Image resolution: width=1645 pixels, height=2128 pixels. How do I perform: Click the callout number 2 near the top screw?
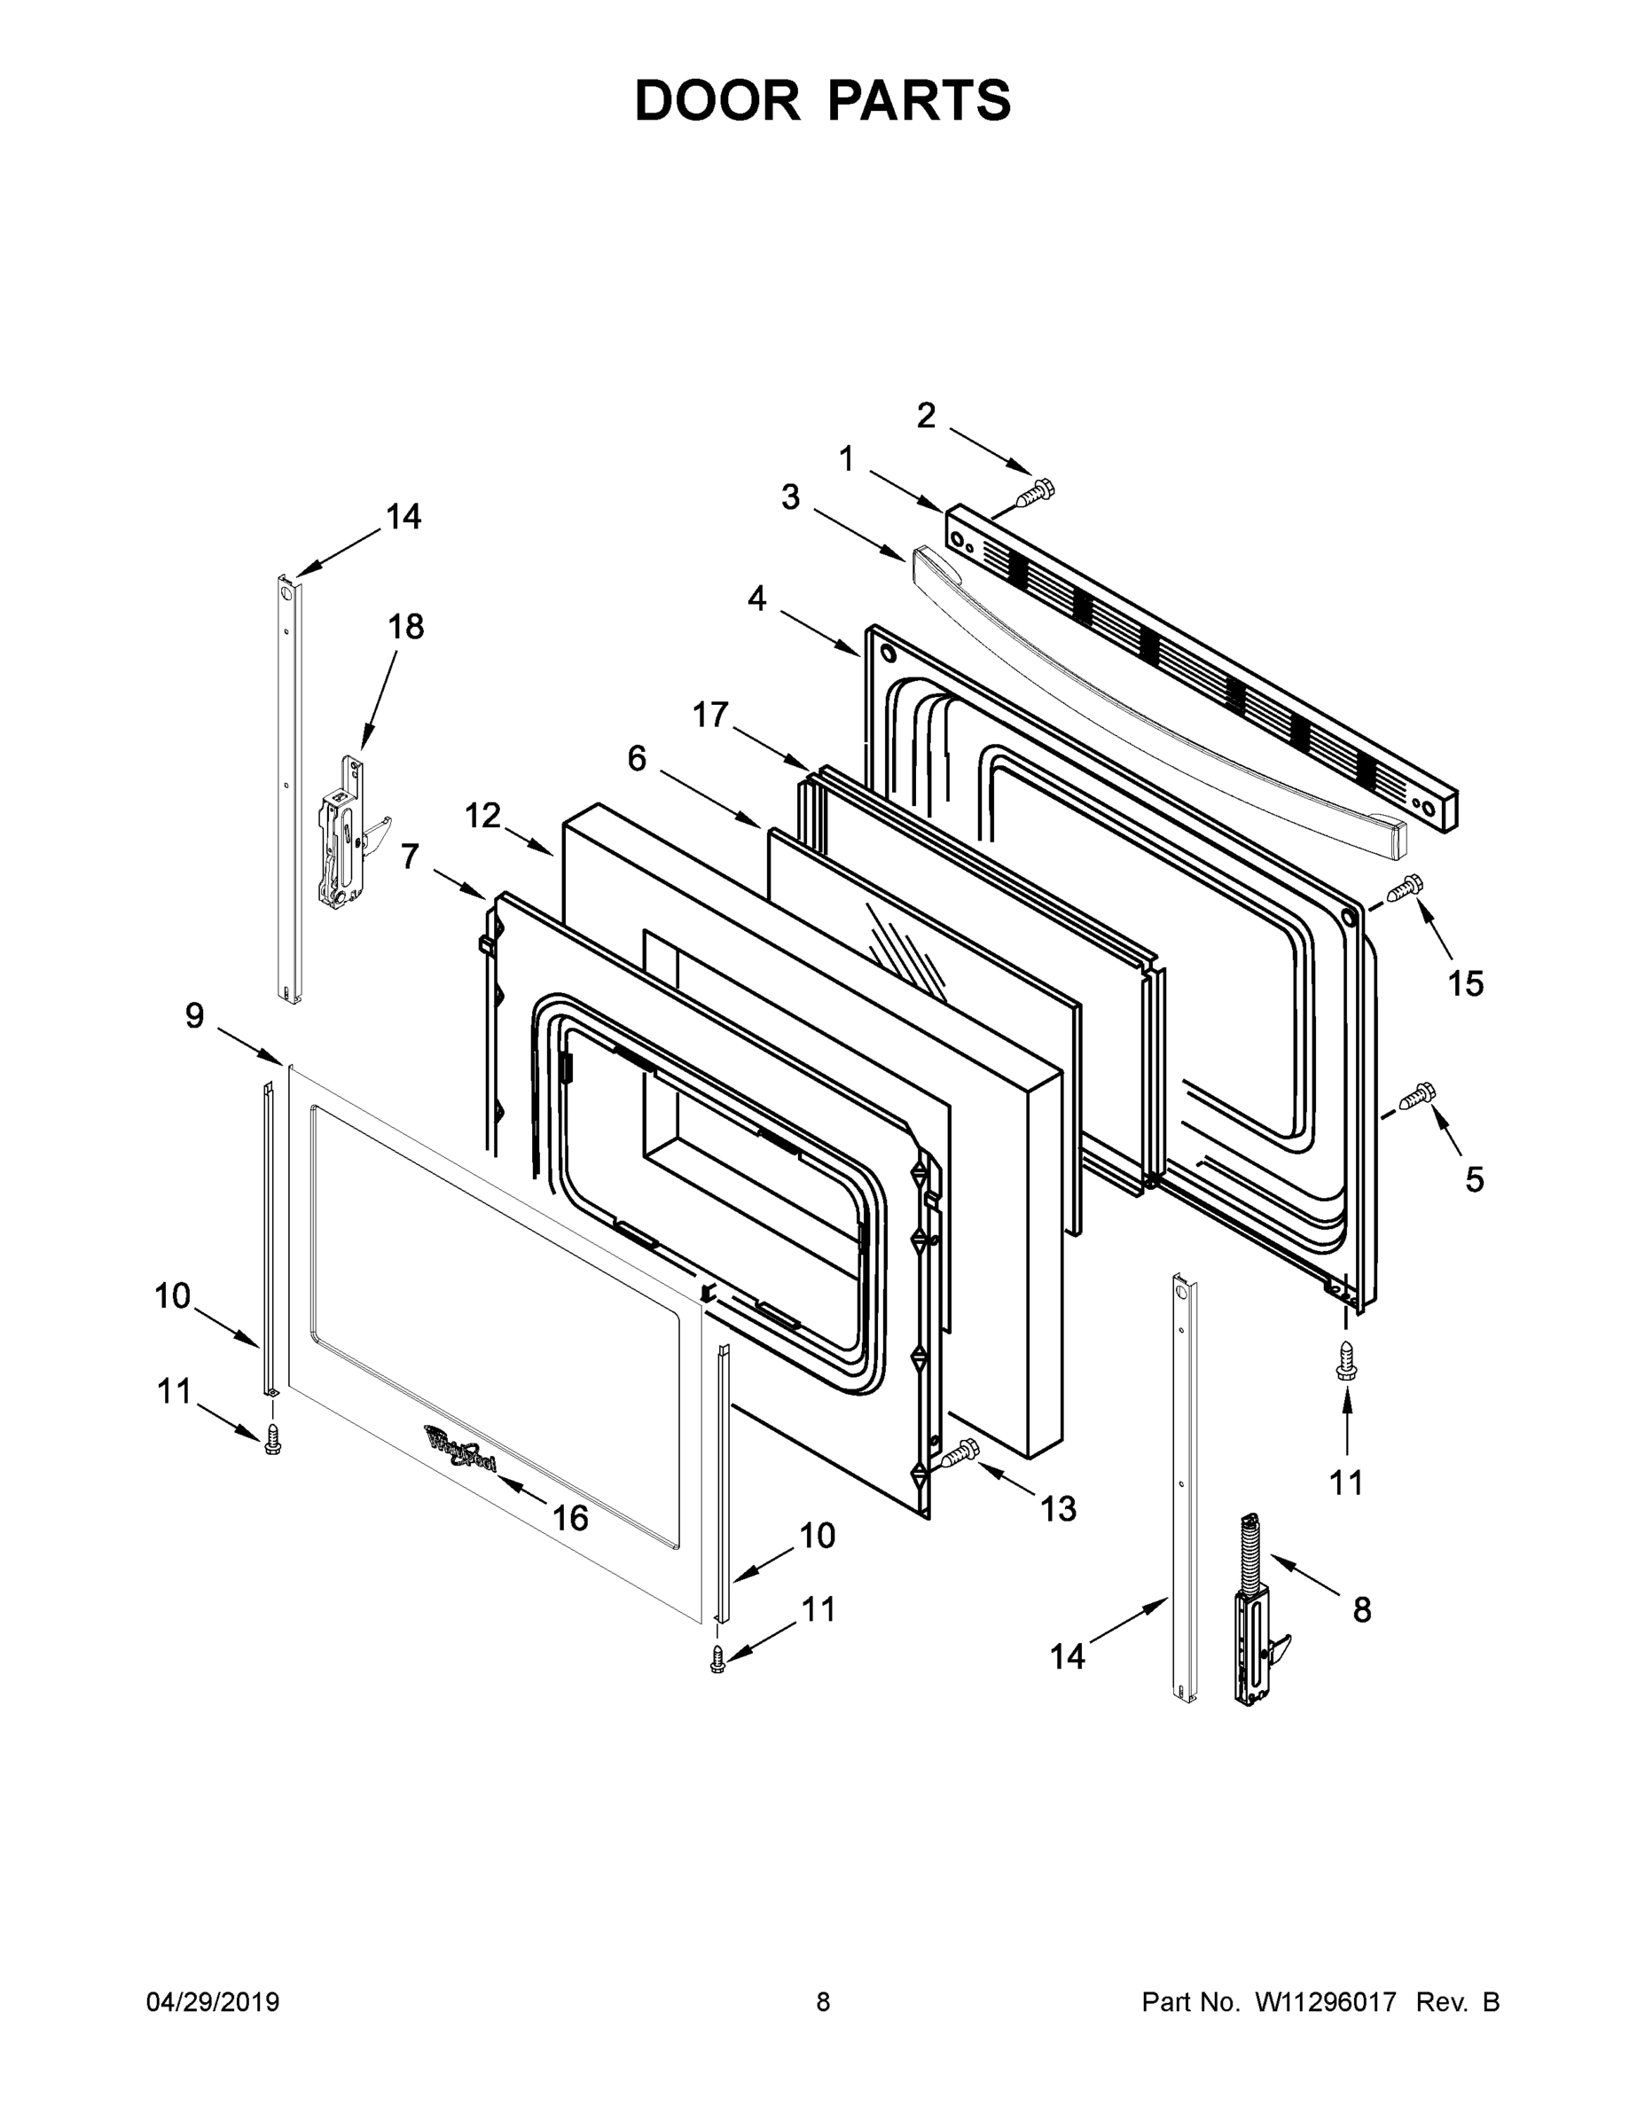(926, 416)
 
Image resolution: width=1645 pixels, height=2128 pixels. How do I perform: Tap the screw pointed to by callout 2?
(1036, 492)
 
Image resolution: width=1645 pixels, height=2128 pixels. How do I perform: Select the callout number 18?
(405, 627)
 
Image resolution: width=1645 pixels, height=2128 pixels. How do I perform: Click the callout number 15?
(1465, 984)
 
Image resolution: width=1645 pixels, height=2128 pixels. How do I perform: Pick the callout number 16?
(570, 1517)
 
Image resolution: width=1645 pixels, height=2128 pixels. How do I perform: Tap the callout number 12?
(482, 815)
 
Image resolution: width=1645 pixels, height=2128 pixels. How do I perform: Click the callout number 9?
(195, 1015)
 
